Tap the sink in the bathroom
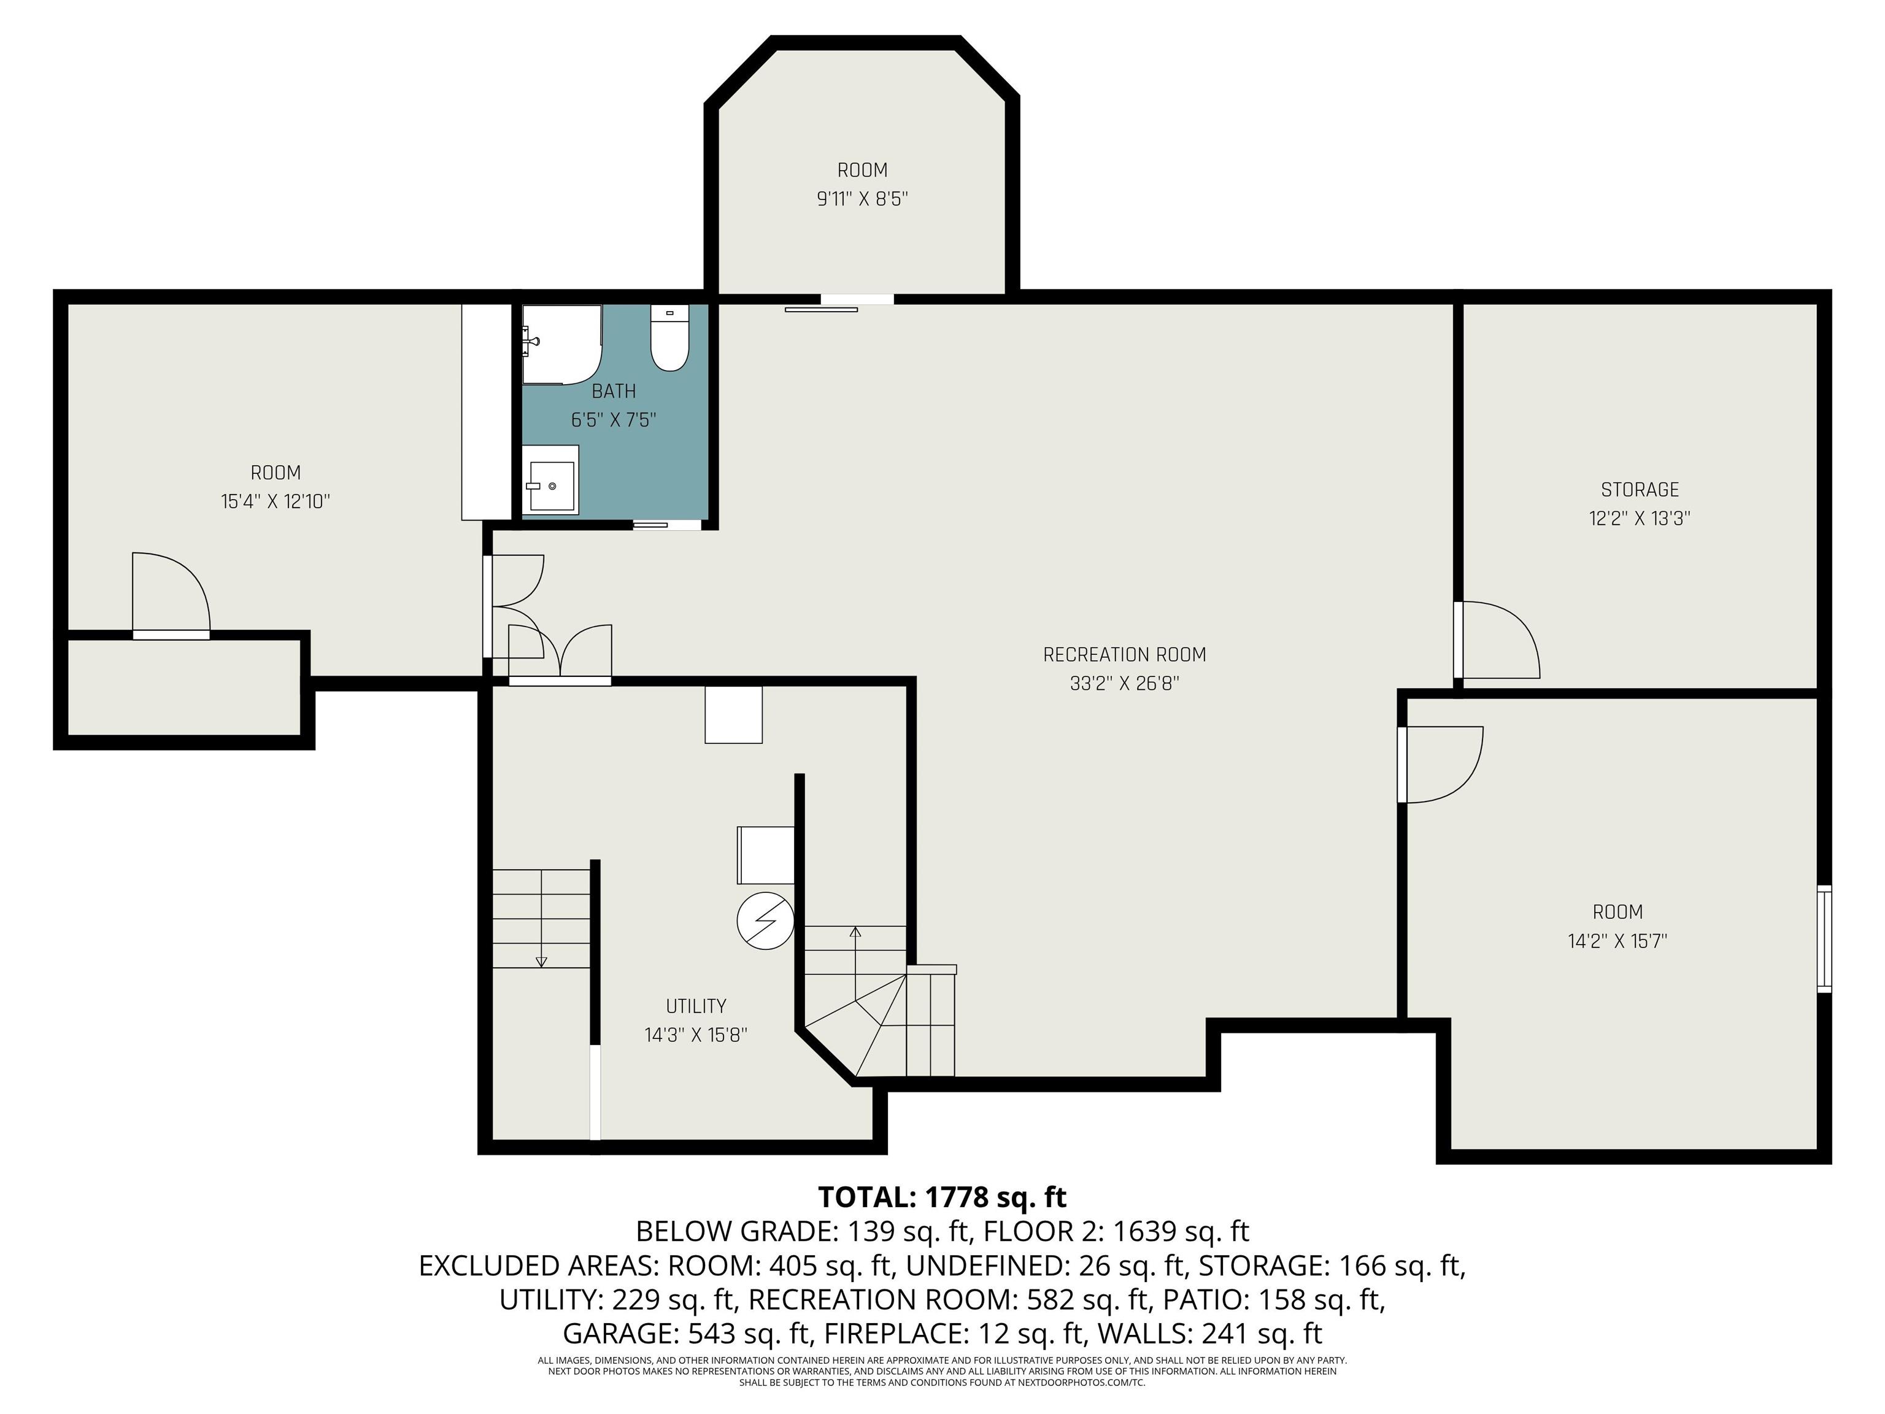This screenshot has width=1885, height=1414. pos(550,481)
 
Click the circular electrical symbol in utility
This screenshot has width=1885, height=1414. pos(765,921)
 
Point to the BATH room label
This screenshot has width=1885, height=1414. pos(614,391)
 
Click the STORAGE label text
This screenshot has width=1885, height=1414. pos(1640,490)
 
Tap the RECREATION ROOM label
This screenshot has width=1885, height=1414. pos(1124,655)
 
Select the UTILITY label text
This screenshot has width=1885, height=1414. pos(696,1006)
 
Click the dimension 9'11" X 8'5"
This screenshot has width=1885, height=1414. pos(862,199)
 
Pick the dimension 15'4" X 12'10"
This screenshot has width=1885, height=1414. pos(276,501)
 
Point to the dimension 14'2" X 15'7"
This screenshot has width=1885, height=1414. pos(1617,941)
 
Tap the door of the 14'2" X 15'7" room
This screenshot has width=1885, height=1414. pos(1441,765)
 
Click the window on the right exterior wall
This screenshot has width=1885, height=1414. pos(1824,938)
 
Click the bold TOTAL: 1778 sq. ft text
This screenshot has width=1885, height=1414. pos(942,1197)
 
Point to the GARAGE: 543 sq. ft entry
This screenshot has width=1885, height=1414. pos(686,1332)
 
